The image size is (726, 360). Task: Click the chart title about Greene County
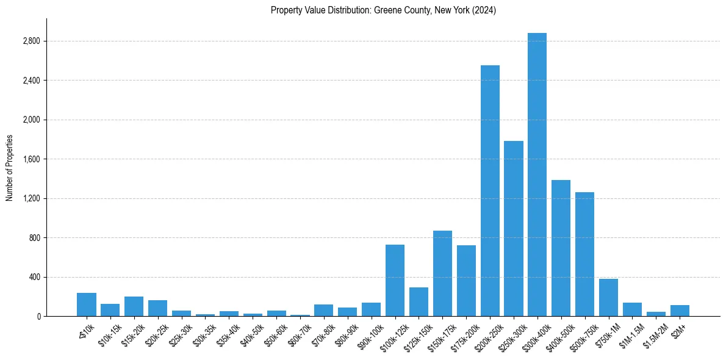(383, 10)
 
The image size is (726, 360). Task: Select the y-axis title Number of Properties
(9, 168)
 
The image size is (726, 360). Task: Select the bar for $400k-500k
(561, 248)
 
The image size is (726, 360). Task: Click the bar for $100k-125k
(395, 280)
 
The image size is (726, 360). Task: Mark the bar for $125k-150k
(419, 301)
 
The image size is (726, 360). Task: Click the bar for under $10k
(87, 304)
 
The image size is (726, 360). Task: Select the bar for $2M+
(680, 311)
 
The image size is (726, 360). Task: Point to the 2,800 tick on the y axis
(31, 41)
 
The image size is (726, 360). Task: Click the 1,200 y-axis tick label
(31, 199)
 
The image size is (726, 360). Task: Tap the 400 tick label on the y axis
(34, 278)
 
